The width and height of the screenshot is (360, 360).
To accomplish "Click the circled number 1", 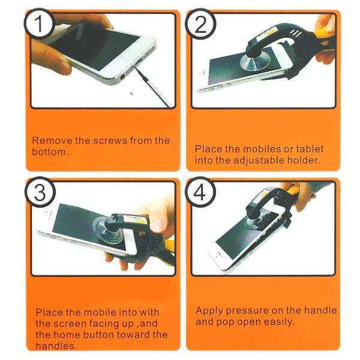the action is (x=39, y=23).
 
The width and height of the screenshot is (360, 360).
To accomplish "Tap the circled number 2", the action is (x=200, y=23).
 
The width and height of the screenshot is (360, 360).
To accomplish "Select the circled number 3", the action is (x=40, y=192).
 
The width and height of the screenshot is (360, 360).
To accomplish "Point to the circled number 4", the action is (x=200, y=192).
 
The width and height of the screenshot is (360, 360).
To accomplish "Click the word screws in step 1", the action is (x=110, y=140).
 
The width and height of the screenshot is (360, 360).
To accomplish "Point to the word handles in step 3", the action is (x=56, y=346).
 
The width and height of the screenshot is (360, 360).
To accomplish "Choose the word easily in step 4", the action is (x=279, y=322).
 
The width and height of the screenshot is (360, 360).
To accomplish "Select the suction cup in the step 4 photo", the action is (x=256, y=220).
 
